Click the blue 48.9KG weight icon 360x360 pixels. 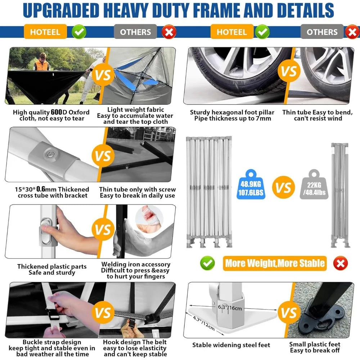(x=251, y=184)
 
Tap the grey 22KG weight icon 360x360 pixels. (x=314, y=184)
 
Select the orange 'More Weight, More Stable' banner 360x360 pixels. (x=275, y=263)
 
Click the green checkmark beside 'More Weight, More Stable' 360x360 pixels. (x=207, y=263)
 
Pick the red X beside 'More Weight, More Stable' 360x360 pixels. (x=341, y=263)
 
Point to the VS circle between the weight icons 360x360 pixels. (x=283, y=187)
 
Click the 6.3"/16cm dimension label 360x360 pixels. (x=230, y=308)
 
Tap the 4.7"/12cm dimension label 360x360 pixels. (x=204, y=323)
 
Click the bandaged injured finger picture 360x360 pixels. (x=149, y=219)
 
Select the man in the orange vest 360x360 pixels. (x=42, y=62)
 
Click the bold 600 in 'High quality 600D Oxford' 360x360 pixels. (x=57, y=112)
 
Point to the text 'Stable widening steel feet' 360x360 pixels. (x=231, y=345)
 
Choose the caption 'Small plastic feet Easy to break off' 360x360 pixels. (x=315, y=347)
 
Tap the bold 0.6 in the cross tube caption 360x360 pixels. (x=41, y=189)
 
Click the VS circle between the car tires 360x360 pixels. (x=289, y=71)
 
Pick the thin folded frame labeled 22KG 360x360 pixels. (x=340, y=195)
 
